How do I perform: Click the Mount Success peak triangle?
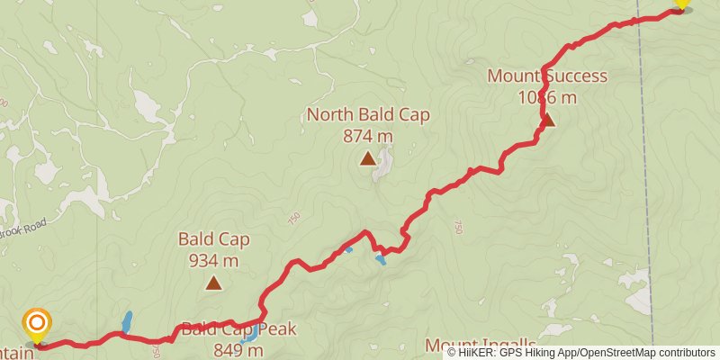coord(546,119)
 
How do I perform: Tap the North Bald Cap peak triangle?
coord(367,158)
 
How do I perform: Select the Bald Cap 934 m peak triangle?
coord(213,283)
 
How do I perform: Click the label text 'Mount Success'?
coord(547,76)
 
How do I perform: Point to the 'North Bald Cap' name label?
coord(368,114)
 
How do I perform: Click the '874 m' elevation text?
coord(368,136)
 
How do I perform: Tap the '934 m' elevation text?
coord(213,261)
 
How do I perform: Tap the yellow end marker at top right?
coord(681,4)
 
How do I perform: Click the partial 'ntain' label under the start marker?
coord(17,353)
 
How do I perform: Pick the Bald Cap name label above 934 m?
coord(213,239)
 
